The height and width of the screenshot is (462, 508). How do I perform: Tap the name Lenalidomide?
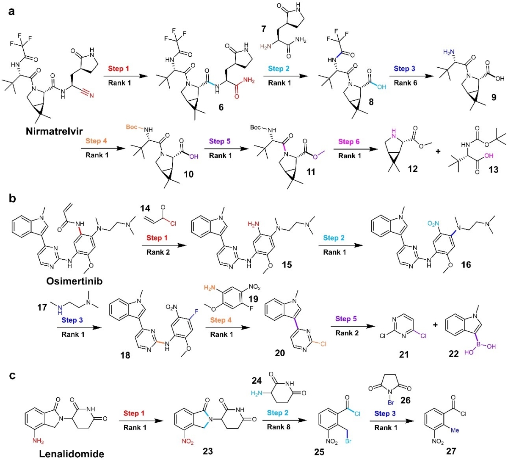[x=72, y=454]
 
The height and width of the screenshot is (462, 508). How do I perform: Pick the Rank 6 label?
[x=405, y=82]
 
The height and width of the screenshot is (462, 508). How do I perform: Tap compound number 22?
[x=453, y=353]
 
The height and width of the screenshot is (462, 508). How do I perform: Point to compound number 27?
[x=451, y=451]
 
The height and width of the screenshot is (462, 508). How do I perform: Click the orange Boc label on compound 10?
[x=132, y=127]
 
